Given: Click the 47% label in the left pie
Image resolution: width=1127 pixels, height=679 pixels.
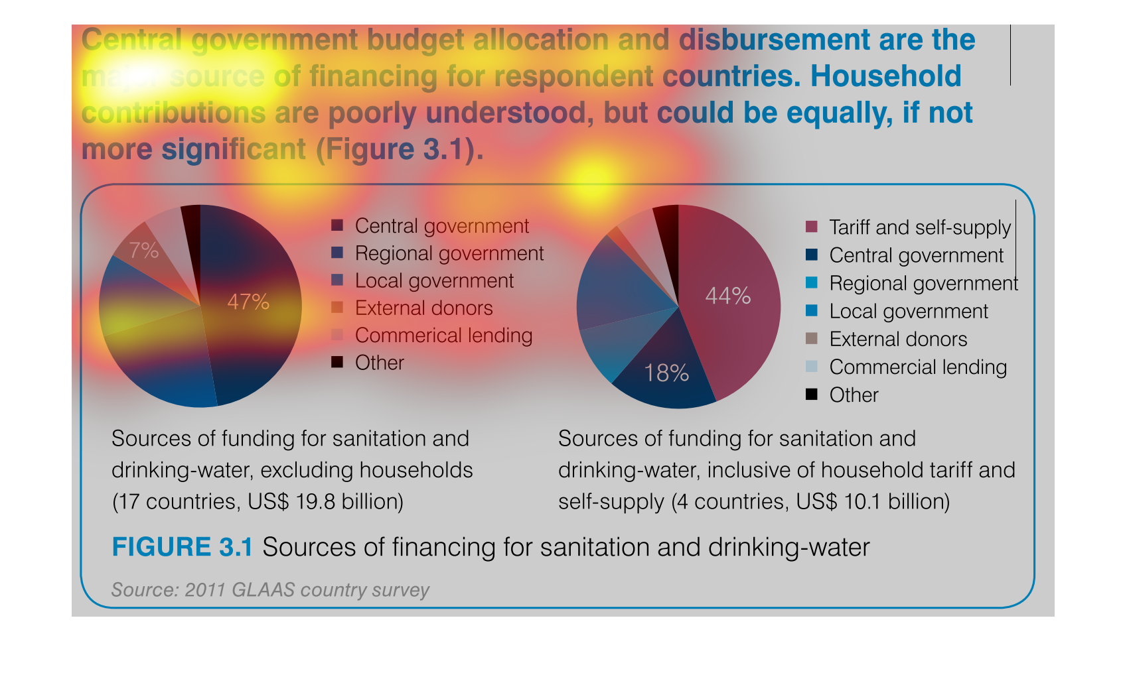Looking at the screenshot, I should click(248, 302).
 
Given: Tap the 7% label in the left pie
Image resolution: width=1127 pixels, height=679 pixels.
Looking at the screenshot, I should click(143, 251).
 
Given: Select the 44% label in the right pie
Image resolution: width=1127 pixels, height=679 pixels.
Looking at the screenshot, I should click(727, 296).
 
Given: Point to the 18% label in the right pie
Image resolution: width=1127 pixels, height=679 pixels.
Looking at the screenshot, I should click(666, 373).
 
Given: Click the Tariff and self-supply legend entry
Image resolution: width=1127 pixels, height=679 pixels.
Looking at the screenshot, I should click(919, 227).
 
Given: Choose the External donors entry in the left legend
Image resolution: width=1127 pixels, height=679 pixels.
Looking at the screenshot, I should click(423, 308).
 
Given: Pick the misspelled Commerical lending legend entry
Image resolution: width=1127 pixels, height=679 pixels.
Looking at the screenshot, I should click(443, 336).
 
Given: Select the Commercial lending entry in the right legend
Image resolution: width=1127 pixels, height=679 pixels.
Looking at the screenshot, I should click(918, 367).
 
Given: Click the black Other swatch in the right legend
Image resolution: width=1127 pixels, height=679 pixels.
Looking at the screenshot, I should click(811, 395).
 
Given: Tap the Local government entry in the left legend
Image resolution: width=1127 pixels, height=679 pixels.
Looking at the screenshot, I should click(434, 281).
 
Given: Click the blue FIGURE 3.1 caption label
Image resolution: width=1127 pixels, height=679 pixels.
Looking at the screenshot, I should click(182, 548).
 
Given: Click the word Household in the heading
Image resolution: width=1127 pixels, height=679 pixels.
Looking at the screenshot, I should click(885, 77).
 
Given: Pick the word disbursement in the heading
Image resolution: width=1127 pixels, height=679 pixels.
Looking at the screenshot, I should click(774, 40).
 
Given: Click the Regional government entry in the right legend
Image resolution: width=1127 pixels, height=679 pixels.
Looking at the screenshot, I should click(923, 284).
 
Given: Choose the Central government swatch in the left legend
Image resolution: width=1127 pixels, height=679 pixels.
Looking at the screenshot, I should click(337, 226).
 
